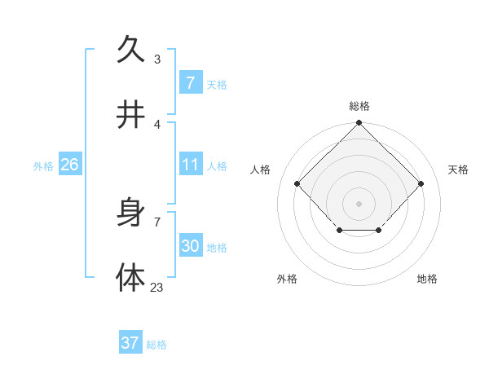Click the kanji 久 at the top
click(130, 49)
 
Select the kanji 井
click(130, 116)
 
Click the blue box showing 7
click(190, 82)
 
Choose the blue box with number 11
click(190, 165)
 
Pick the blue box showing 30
click(190, 246)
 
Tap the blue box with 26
click(69, 165)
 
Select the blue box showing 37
click(130, 343)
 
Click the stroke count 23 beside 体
click(156, 287)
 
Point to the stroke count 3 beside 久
click(157, 59)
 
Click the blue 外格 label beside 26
click(43, 165)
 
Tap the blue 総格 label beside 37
click(156, 344)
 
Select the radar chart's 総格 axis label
click(359, 106)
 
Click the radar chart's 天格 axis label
click(458, 169)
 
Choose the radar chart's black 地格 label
click(427, 279)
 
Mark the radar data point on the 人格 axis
click(297, 183)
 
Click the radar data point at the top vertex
click(359, 124)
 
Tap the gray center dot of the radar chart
click(359, 202)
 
